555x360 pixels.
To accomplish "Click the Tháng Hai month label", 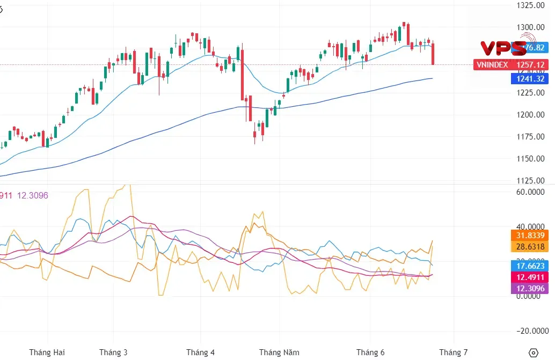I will tap(47, 352).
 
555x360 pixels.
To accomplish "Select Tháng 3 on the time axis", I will tap(113, 352).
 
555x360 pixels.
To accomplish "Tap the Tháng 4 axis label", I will tap(200, 352).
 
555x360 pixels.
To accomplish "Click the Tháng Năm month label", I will tap(279, 352).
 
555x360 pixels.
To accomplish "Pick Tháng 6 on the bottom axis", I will tap(371, 352).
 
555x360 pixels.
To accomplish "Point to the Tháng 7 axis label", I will tap(454, 352).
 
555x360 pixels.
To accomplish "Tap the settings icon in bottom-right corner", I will tap(533, 352).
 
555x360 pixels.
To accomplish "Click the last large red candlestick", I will tap(433, 54).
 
